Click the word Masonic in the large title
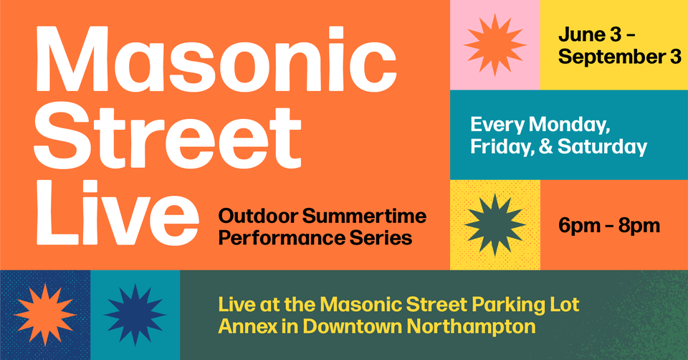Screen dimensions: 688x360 (216, 60)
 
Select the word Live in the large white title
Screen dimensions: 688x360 (118, 213)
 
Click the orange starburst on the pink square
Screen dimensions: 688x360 (495, 44)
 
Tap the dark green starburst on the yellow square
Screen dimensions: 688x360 (495, 224)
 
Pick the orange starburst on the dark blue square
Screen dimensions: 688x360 (45, 314)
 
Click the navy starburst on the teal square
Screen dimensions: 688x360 (135, 314)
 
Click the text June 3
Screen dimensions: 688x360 (590, 34)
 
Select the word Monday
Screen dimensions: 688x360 (569, 125)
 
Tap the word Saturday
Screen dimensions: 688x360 (602, 147)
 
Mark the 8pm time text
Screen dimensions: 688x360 (639, 226)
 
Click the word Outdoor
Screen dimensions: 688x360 (258, 216)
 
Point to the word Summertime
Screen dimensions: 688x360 (364, 216)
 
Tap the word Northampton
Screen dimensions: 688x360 (471, 326)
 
